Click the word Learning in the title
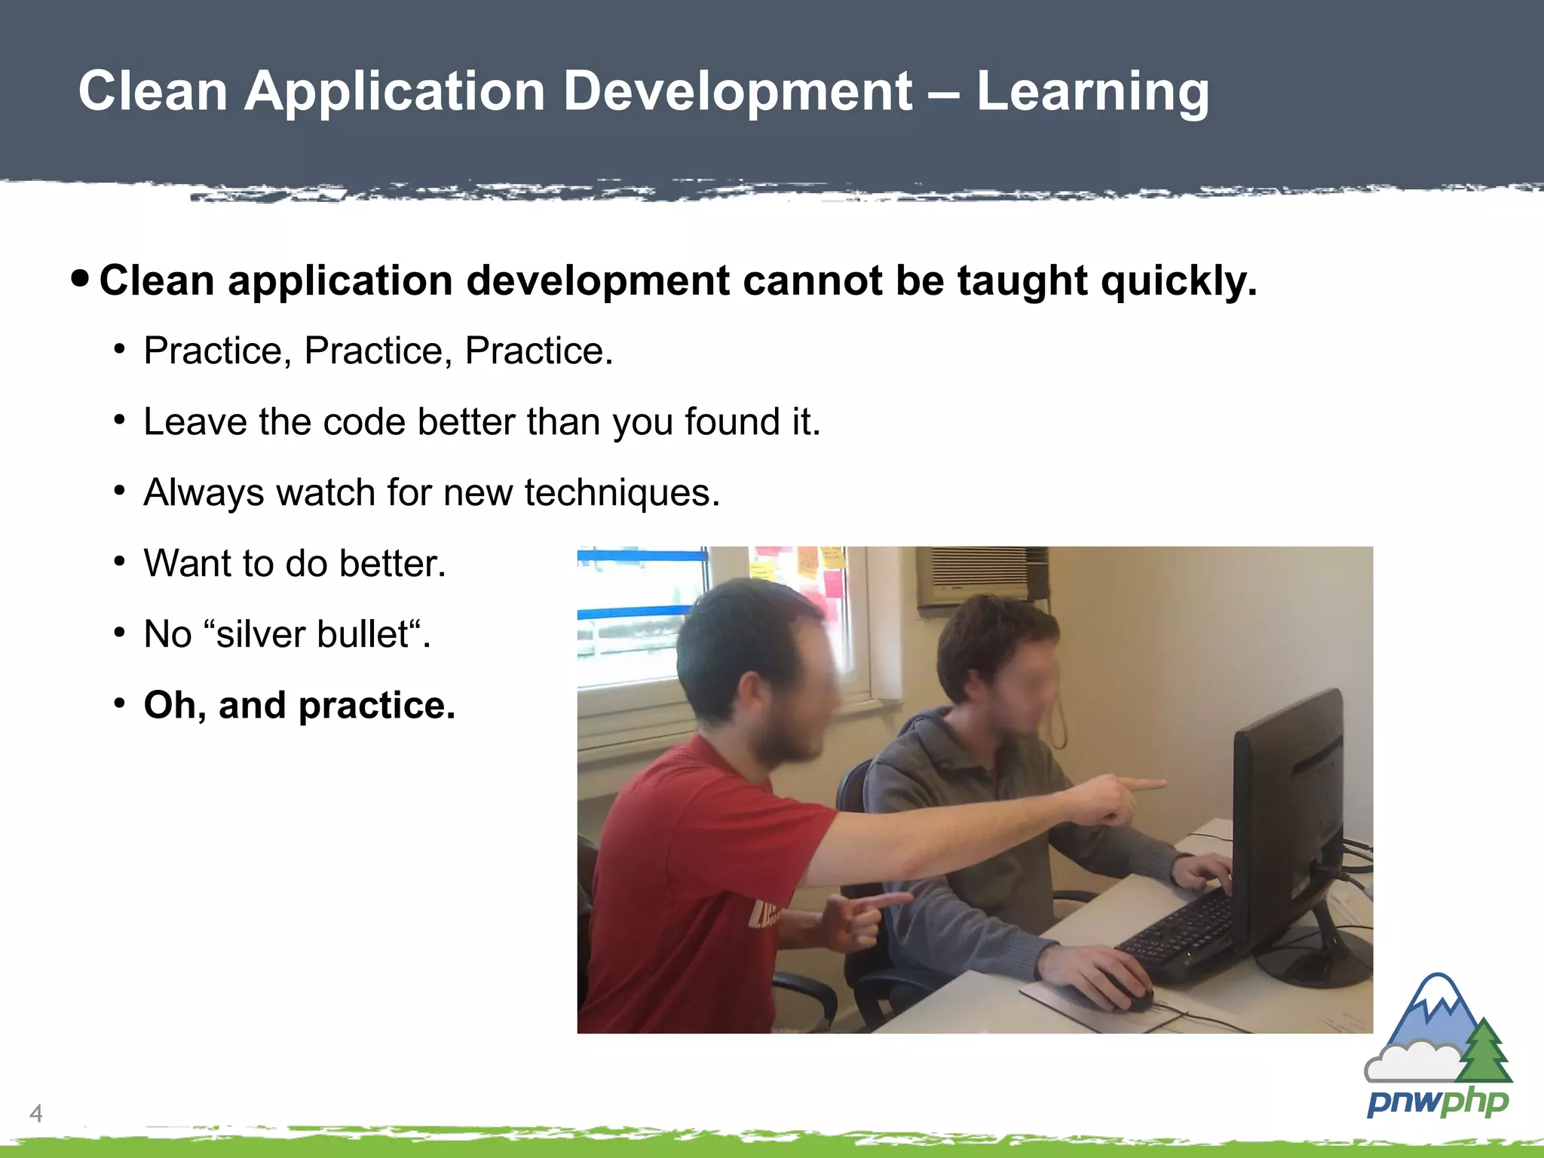[x=1092, y=92]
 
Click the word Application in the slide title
[x=394, y=92]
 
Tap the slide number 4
[x=35, y=1113]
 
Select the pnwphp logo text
[x=1438, y=1102]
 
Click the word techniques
[x=622, y=493]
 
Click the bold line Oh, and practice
[x=299, y=706]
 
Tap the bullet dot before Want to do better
[x=119, y=562]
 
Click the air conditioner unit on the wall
[x=980, y=576]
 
